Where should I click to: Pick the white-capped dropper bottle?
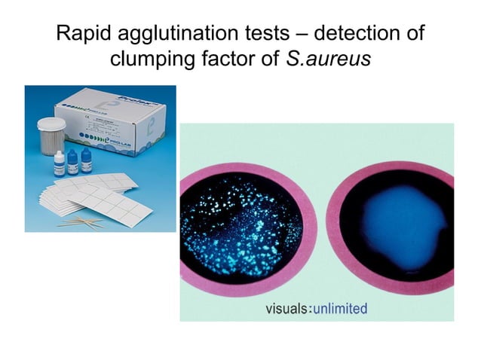(x=59, y=163)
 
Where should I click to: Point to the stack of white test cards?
(x=90, y=196)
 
